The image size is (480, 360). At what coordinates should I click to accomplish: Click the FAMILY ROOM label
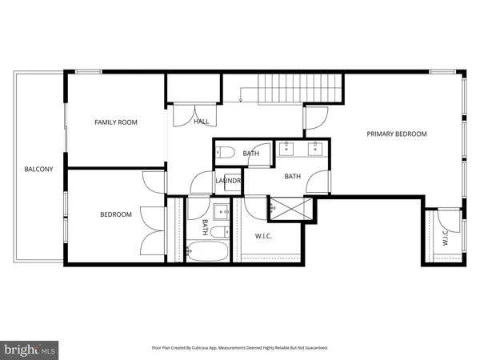click(116, 122)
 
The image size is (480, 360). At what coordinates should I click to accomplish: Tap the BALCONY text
click(38, 169)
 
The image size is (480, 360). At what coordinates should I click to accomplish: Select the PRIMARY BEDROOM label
click(397, 134)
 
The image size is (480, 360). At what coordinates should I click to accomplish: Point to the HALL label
click(201, 122)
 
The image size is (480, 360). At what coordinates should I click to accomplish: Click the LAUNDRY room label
click(228, 181)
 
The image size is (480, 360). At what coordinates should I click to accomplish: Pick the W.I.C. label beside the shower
click(266, 235)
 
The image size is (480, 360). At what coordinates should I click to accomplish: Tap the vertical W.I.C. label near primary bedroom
click(445, 238)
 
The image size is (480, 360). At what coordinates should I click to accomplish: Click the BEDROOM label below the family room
click(115, 214)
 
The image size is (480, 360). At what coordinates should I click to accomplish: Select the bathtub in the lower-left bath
click(206, 252)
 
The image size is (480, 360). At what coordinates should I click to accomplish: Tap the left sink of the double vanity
click(287, 147)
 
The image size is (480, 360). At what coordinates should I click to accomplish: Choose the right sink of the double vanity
click(316, 147)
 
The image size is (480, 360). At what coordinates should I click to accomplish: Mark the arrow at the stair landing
click(241, 99)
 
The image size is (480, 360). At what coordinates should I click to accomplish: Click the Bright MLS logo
click(30, 349)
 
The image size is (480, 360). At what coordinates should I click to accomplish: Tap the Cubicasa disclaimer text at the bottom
click(240, 348)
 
